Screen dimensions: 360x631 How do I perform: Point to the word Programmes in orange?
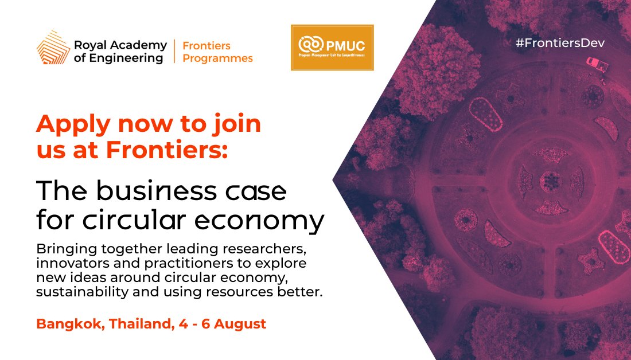pos(217,58)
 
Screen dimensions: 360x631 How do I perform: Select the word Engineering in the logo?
pos(130,58)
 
